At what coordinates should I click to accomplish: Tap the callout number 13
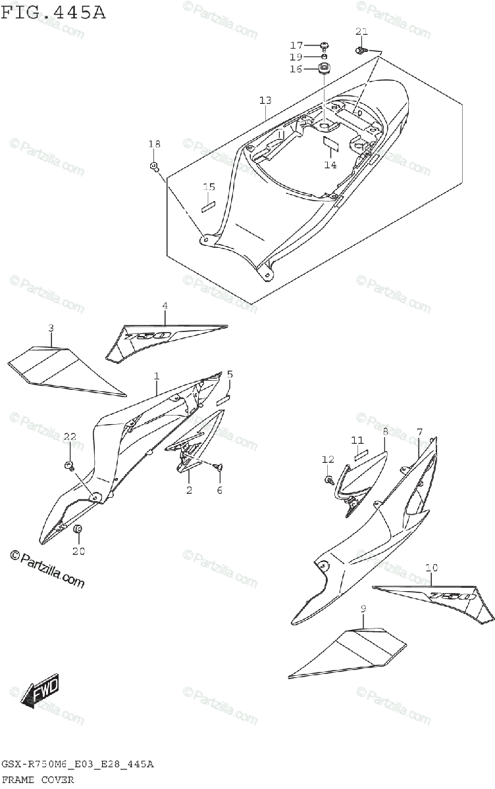click(265, 101)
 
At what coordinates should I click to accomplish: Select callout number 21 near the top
click(361, 32)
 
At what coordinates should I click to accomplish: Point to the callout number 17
click(296, 45)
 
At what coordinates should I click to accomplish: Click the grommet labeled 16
click(325, 68)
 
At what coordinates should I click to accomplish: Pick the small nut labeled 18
click(154, 166)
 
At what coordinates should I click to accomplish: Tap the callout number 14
click(330, 165)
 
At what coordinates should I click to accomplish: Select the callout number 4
click(165, 305)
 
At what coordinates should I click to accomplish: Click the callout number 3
click(51, 327)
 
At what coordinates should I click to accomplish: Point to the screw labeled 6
click(218, 466)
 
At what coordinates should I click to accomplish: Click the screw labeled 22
click(69, 466)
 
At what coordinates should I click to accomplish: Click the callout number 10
click(431, 567)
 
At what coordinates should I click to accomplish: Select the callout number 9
click(362, 610)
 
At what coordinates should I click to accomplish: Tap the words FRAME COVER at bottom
click(38, 780)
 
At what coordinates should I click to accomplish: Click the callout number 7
click(419, 431)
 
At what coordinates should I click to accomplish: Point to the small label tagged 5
click(223, 398)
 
